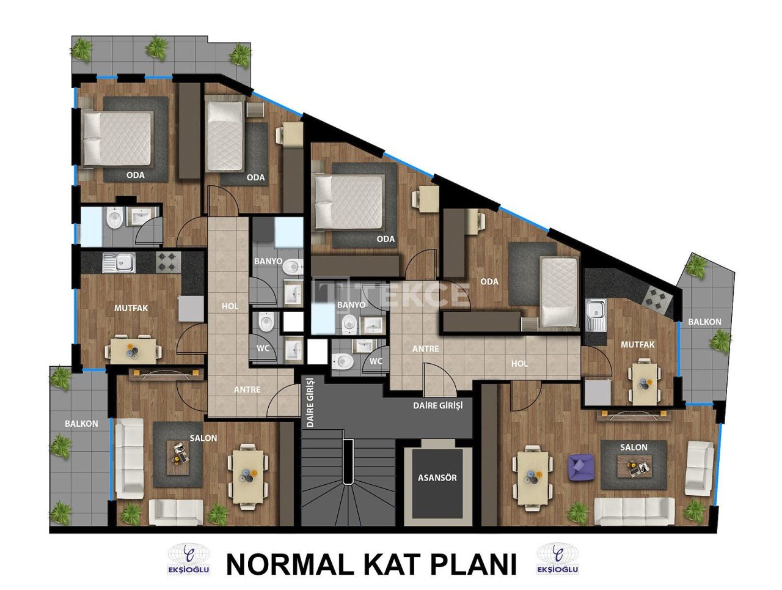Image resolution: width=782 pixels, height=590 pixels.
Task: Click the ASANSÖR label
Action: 437,478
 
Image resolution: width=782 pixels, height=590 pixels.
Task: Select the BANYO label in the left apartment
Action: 268,261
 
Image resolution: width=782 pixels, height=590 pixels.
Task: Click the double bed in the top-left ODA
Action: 117,139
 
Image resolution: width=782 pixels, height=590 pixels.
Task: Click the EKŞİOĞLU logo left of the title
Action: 189,559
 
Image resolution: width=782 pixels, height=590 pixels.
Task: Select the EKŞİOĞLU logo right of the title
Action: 558,559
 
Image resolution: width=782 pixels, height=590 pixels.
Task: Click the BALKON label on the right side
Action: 704,322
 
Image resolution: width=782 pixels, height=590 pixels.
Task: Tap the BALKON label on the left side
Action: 81,423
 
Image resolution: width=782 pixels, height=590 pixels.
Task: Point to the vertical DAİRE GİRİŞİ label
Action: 310,401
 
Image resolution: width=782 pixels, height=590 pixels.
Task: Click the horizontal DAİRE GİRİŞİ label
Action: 438,405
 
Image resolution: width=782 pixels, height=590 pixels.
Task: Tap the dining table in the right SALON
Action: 532,476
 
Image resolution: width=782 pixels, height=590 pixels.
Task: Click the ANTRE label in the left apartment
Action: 247,389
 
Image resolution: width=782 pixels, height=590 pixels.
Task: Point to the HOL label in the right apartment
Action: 519,363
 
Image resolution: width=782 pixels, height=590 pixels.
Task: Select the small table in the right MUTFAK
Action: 645,383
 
